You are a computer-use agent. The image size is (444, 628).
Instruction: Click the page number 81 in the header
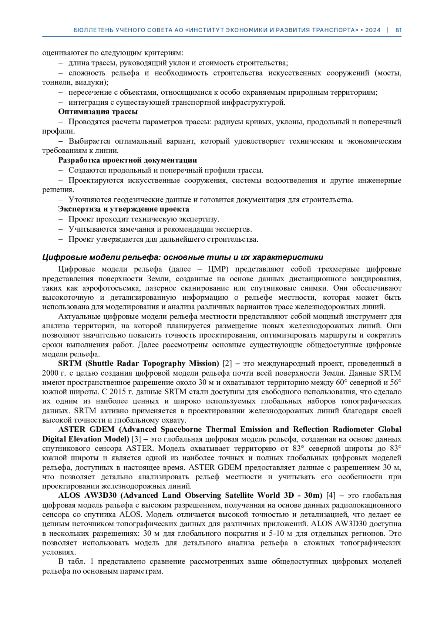(398, 30)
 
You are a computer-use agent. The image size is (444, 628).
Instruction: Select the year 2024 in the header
(373, 30)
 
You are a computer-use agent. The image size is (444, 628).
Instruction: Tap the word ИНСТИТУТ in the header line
(208, 30)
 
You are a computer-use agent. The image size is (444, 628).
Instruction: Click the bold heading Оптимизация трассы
(98, 112)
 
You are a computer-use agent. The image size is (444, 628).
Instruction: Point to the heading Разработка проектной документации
(127, 160)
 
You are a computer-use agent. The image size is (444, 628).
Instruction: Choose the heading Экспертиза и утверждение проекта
(124, 209)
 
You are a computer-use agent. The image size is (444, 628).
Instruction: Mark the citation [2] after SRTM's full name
(227, 363)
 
